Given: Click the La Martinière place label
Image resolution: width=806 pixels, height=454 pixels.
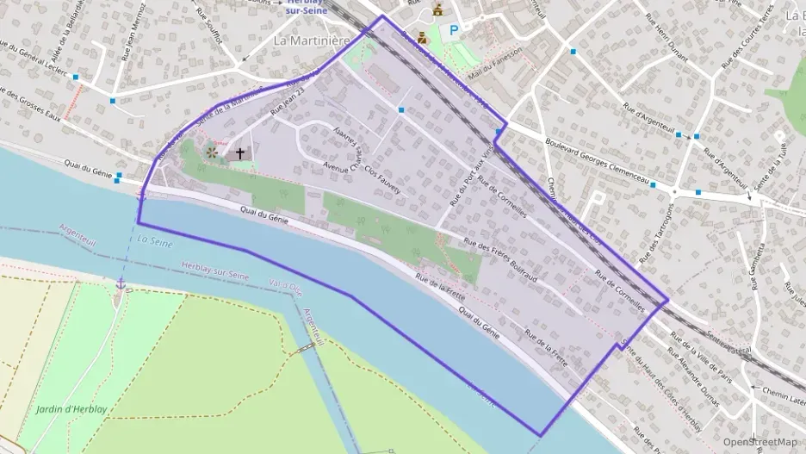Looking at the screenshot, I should tap(311, 40).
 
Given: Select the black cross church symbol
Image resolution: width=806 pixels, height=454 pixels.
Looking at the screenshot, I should tap(240, 153).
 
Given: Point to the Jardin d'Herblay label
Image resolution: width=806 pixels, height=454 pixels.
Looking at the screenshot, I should tap(71, 409).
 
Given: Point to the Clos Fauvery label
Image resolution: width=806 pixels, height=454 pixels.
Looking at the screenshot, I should tap(382, 180).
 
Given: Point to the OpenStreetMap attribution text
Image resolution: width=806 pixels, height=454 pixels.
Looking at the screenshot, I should tap(759, 442).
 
